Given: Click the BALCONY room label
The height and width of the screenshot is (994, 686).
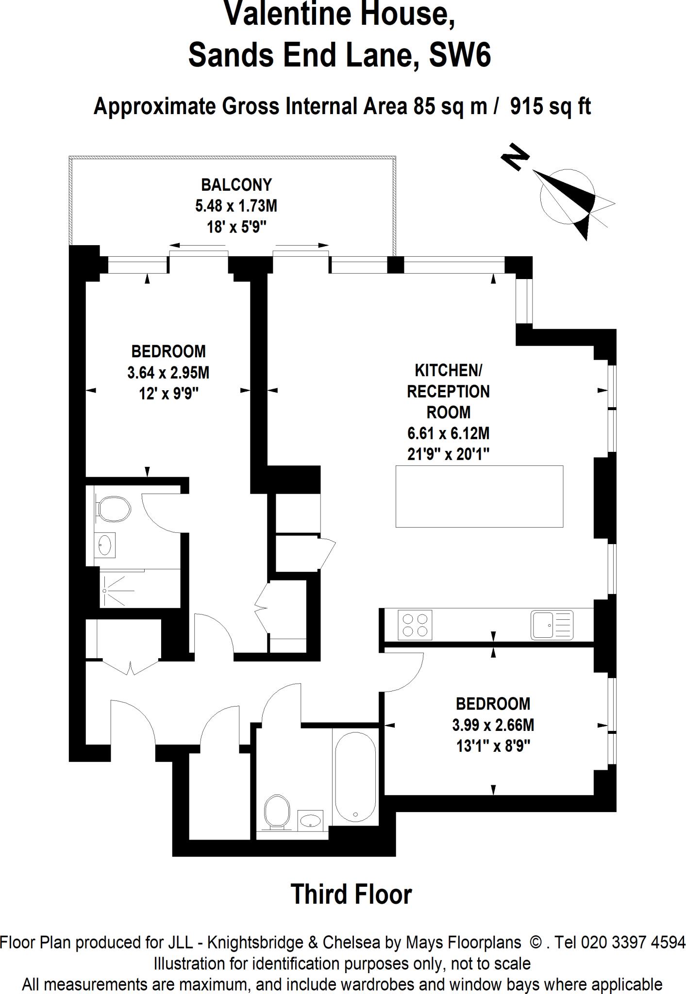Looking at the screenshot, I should pyautogui.click(x=236, y=185).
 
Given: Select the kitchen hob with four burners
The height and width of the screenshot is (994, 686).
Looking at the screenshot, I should pyautogui.click(x=415, y=625).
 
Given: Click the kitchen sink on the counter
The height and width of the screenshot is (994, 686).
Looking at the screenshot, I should pyautogui.click(x=552, y=625).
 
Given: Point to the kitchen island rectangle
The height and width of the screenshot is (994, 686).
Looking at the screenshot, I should pyautogui.click(x=479, y=496).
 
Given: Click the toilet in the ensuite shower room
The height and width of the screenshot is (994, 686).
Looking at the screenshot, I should pyautogui.click(x=114, y=509).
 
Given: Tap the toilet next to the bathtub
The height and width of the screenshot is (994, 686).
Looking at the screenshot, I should pyautogui.click(x=277, y=811).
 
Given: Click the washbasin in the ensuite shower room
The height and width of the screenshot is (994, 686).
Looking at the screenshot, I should pyautogui.click(x=105, y=545).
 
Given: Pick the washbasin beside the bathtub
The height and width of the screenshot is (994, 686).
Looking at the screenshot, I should pyautogui.click(x=311, y=820).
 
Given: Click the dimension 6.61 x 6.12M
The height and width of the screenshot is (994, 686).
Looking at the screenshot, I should pyautogui.click(x=448, y=433).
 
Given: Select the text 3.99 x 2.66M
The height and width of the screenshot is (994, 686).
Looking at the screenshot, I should pyautogui.click(x=493, y=725).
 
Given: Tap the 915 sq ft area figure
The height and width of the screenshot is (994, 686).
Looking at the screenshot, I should pyautogui.click(x=550, y=106).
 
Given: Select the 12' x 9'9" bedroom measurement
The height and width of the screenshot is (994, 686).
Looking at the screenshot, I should pyautogui.click(x=169, y=394).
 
